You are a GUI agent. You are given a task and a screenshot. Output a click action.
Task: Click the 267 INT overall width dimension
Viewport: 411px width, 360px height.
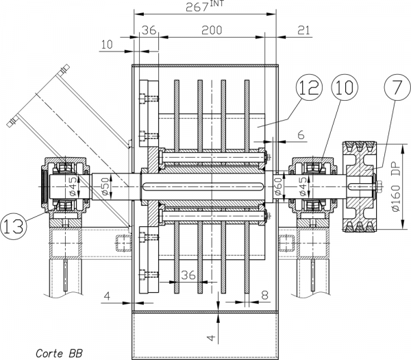coord(205,6)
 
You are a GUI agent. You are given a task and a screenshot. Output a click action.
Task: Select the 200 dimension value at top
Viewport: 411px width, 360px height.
coord(212,30)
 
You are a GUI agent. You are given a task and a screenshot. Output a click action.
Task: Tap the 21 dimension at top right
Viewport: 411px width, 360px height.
coord(303,30)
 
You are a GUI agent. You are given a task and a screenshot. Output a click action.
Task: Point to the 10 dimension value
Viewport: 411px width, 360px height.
coord(107,45)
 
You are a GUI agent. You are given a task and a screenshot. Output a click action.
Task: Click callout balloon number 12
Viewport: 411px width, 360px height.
coord(309,87)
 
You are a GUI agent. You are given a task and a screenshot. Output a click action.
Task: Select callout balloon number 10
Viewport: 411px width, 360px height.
coord(345,87)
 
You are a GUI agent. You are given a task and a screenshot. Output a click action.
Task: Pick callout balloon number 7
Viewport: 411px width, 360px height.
coord(397,87)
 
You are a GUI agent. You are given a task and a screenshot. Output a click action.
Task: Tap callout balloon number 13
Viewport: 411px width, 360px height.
coord(14,226)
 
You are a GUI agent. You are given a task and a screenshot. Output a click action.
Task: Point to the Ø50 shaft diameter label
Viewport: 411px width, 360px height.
coord(105,187)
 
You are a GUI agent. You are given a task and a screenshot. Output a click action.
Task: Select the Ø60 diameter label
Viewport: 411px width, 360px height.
coord(278,187)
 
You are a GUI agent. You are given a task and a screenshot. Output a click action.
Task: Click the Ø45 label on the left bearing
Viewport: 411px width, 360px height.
coord(73,187)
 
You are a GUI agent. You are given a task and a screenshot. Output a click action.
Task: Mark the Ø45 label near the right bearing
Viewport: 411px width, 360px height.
coord(303,187)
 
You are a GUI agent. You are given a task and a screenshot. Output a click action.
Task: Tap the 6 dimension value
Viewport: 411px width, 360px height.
coord(301,134)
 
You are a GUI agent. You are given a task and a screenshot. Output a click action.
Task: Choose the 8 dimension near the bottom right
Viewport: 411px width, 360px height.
coord(265,295)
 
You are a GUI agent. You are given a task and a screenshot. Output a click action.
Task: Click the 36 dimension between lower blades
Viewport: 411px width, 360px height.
coord(188,275)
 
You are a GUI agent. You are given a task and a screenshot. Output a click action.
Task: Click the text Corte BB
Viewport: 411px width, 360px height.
coord(59,353)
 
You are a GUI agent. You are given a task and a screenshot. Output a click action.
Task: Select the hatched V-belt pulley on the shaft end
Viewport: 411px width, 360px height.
coord(360,187)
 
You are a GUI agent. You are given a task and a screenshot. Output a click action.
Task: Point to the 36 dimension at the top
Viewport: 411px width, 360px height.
coord(149,30)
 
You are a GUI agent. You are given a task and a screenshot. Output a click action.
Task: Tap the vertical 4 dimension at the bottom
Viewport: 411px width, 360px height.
coord(212,337)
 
